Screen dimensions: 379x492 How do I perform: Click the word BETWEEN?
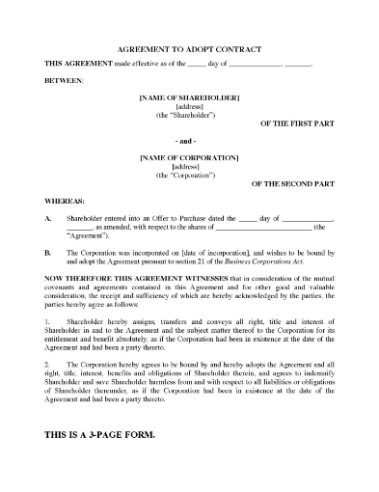click(65, 81)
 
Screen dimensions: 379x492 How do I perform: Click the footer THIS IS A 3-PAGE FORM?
click(98, 433)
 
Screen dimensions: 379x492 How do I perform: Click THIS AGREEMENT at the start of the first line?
click(77, 63)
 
